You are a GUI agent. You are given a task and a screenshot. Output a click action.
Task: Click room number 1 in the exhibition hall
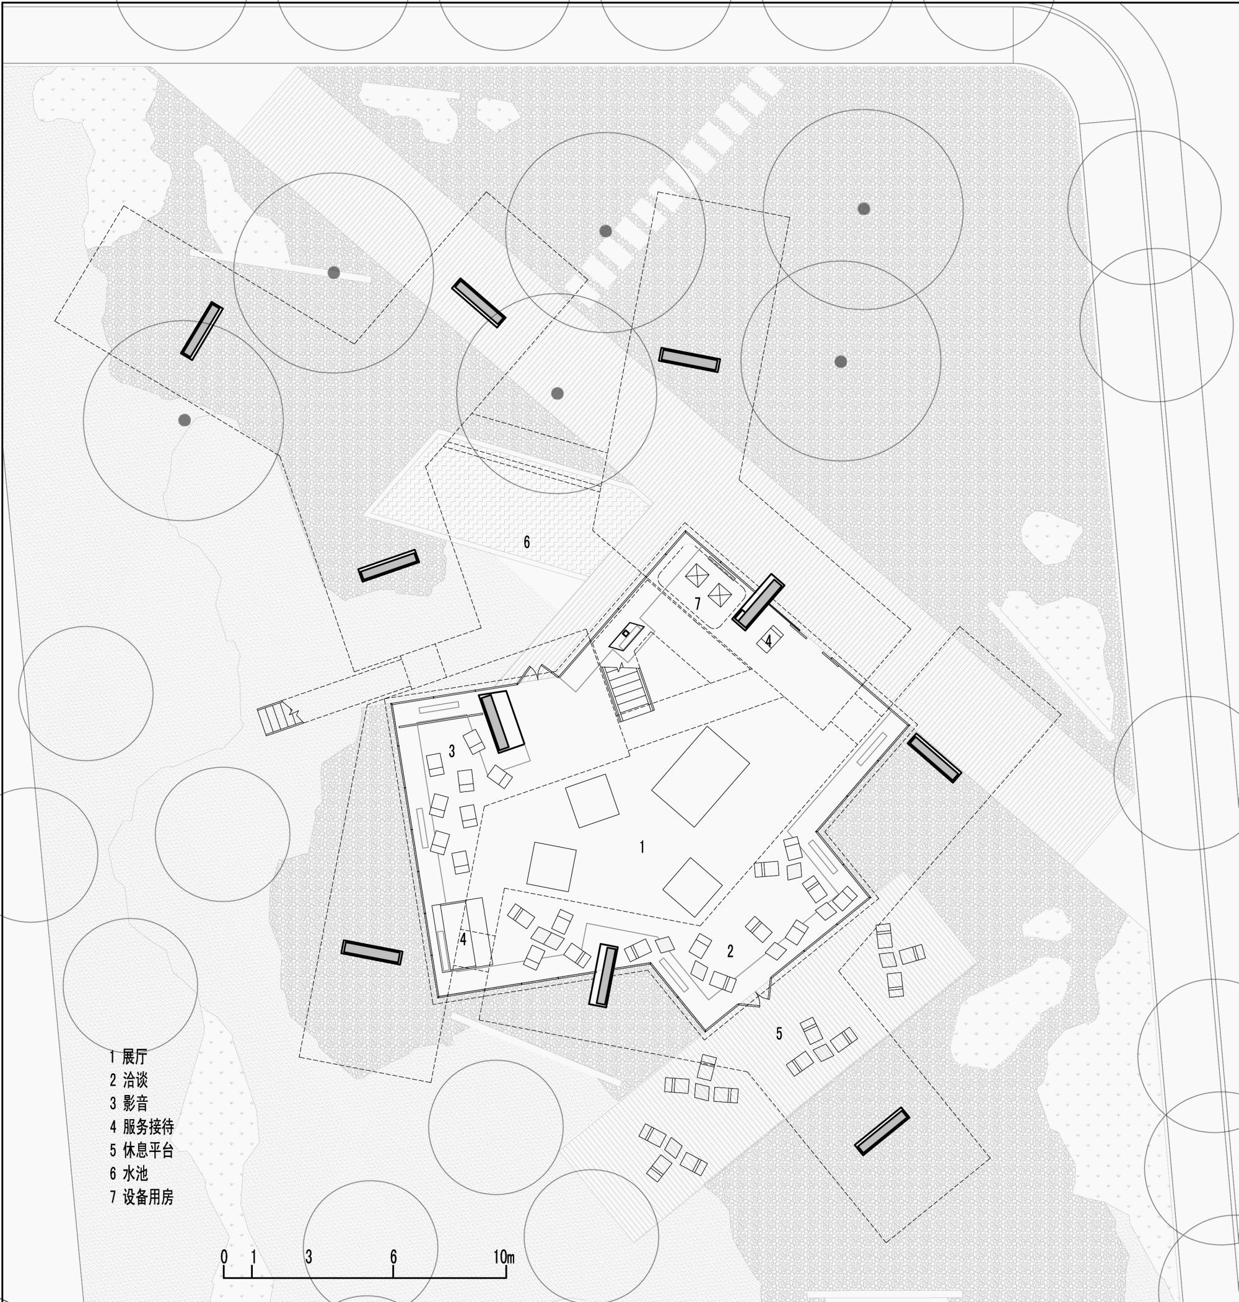641,847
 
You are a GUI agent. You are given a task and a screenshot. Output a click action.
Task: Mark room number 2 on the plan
730,951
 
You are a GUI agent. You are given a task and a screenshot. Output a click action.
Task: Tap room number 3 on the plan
452,751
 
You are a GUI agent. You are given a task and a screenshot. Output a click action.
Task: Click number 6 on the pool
527,542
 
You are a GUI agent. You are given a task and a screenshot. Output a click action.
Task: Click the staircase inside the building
628,693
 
